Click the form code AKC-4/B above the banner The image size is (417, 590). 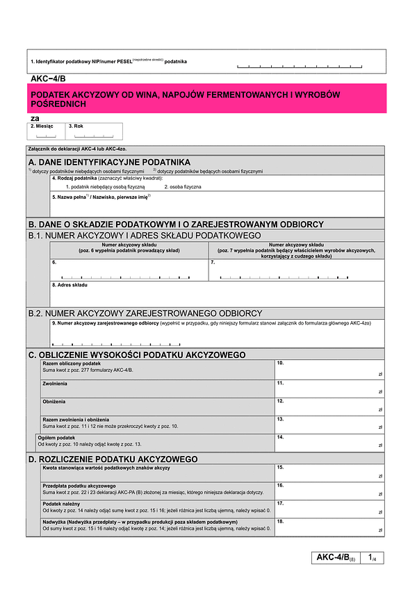click(48, 78)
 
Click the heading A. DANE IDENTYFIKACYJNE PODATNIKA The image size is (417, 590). click(110, 161)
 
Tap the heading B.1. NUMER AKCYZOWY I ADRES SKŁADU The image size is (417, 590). click(145, 236)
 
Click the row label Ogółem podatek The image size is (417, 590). click(56, 438)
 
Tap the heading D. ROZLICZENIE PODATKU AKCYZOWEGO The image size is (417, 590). click(114, 459)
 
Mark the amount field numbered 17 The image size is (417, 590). click(329, 509)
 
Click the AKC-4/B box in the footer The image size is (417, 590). click(336, 557)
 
